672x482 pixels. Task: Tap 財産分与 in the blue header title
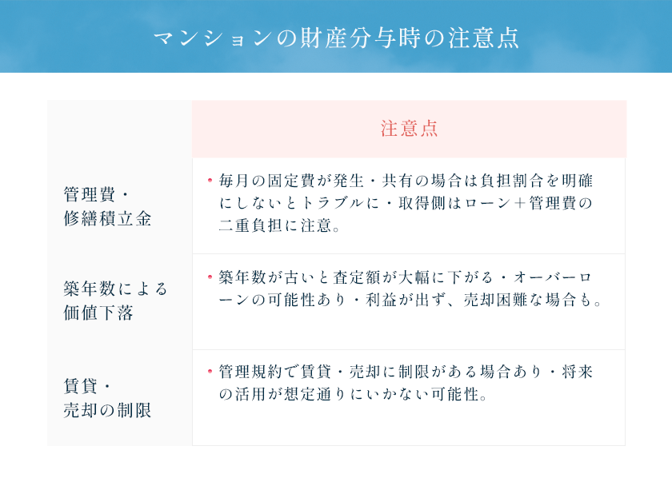point(349,38)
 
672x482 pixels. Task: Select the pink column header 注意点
point(409,129)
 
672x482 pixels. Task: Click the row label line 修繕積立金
point(107,218)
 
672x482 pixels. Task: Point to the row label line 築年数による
point(115,289)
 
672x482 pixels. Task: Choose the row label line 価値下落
point(98,313)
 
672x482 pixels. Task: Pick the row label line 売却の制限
point(107,410)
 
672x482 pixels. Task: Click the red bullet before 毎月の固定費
point(210,180)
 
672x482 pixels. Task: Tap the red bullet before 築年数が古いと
point(210,277)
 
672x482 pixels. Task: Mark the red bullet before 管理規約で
point(210,371)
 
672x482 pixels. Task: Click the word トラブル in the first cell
point(333,203)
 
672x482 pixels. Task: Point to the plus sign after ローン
point(520,203)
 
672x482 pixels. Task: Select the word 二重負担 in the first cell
point(251,225)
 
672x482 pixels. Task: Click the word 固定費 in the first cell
point(292,181)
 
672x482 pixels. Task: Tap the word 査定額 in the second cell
point(357,277)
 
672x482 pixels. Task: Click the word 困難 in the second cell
point(512,300)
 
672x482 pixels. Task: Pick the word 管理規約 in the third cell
point(251,372)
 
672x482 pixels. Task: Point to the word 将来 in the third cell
point(577,372)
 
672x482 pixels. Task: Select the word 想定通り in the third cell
point(316,394)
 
